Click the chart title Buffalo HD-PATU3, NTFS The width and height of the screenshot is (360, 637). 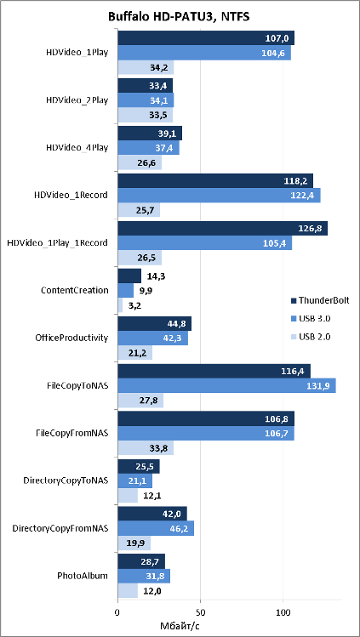click(179, 17)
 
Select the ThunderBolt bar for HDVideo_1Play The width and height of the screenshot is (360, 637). click(206, 38)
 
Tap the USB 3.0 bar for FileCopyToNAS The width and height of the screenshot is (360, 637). click(226, 385)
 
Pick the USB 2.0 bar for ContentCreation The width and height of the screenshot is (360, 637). click(120, 305)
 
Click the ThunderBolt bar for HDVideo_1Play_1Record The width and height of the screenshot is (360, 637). click(223, 228)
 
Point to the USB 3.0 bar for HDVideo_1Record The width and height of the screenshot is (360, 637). click(219, 196)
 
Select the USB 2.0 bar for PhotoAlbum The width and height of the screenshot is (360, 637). click(128, 591)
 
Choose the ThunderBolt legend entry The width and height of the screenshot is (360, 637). click(315, 300)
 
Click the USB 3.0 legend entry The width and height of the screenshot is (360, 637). click(311, 319)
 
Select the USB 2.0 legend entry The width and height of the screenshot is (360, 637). click(311, 337)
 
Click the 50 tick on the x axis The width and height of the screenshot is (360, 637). click(200, 611)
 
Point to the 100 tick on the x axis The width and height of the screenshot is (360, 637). click(283, 611)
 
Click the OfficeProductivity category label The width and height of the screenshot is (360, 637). click(75, 338)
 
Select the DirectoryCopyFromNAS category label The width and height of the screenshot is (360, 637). click(60, 528)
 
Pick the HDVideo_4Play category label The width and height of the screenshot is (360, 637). click(77, 147)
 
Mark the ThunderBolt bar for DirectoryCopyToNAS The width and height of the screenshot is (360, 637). click(139, 466)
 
